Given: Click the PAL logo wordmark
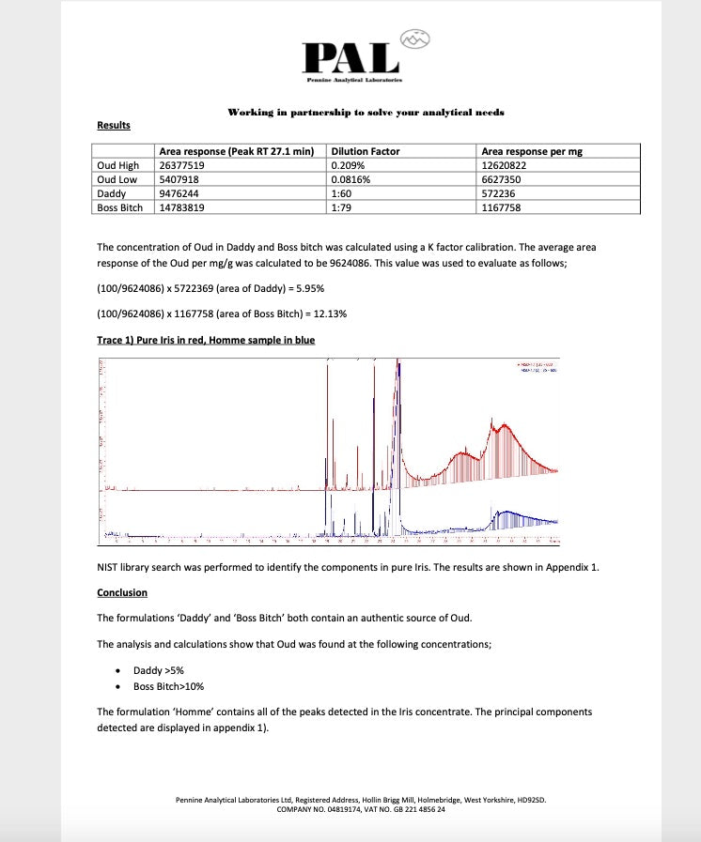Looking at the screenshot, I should click(x=350, y=58).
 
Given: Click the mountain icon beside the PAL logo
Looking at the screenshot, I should click(x=414, y=38).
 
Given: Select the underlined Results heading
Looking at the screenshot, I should click(x=114, y=126).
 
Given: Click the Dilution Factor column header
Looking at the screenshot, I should click(x=366, y=151).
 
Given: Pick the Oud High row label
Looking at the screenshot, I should click(x=118, y=165).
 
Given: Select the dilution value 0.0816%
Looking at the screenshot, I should click(x=353, y=179).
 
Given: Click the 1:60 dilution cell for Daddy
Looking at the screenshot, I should click(x=341, y=193).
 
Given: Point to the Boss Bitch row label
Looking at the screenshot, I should click(x=120, y=207).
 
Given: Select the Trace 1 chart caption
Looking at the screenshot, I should click(x=206, y=340).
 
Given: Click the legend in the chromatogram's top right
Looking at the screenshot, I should click(x=537, y=367).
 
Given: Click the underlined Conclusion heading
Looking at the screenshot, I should click(x=122, y=593).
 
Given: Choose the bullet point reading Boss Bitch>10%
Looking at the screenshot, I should click(x=169, y=686).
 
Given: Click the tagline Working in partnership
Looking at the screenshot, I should click(x=366, y=113).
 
